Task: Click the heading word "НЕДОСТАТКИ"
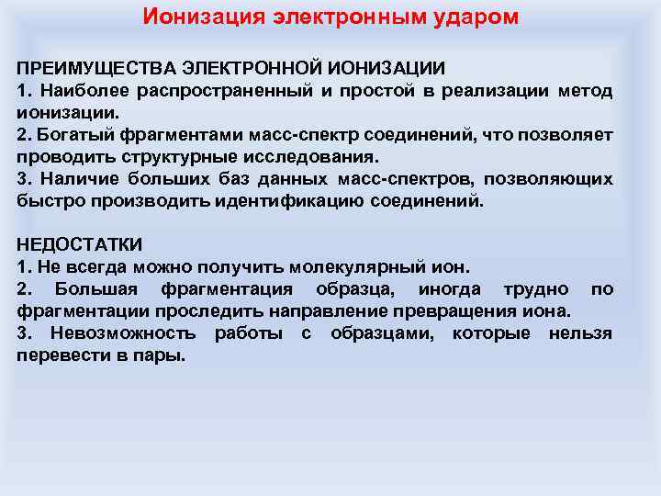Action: (80, 245)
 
